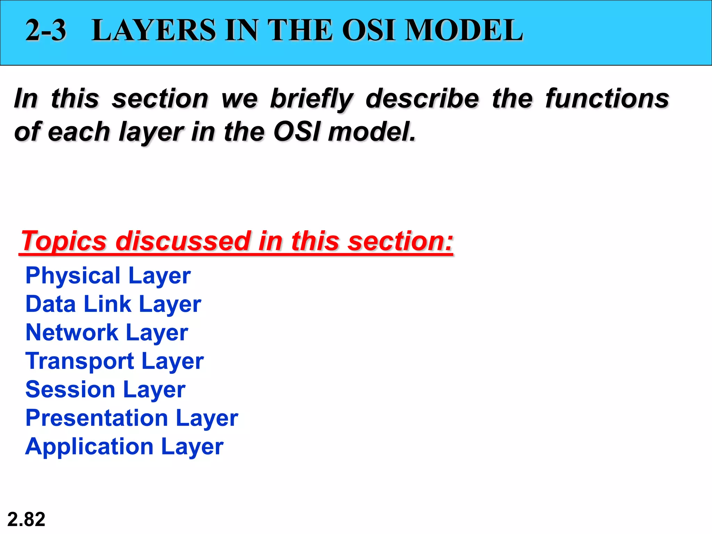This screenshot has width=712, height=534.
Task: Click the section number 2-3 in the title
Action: coord(46,30)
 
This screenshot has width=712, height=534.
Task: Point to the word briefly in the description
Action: coord(311,99)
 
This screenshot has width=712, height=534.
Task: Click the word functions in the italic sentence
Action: coord(607,98)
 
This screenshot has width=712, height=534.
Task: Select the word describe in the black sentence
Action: coord(422,98)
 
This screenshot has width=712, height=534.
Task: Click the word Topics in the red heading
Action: coord(64,241)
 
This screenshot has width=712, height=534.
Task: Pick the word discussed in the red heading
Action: coord(183,241)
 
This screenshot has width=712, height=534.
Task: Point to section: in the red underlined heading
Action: coord(400,241)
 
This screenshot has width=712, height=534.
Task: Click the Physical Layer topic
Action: coord(108,276)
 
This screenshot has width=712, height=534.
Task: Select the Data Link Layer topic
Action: coord(113,305)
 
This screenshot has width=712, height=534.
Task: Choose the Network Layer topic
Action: coord(107,333)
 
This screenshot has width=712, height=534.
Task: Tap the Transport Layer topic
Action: coord(114,361)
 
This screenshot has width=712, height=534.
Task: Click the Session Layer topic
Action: coord(105,390)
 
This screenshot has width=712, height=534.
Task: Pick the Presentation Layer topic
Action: coord(132,418)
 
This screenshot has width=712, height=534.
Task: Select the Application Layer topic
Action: coord(124,447)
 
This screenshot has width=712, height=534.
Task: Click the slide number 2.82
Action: coord(26,519)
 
